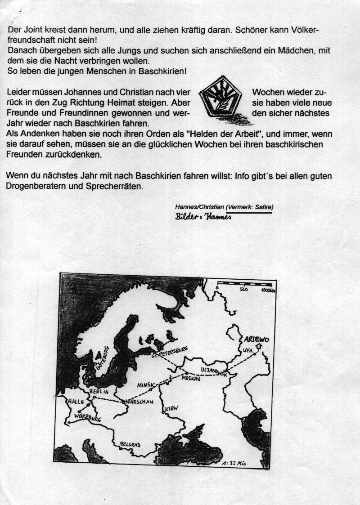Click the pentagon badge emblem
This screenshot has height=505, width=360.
pyautogui.click(x=221, y=101)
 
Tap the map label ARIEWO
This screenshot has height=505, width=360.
pyautogui.click(x=256, y=340)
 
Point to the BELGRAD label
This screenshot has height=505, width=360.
pyautogui.click(x=130, y=444)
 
